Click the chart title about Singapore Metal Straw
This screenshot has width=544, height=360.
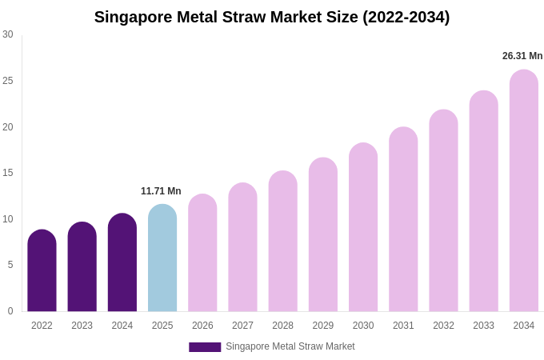coord(272,17)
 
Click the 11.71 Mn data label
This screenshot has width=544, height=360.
coord(161,191)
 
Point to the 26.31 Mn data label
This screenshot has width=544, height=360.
coord(522,56)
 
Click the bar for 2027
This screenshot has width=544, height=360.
coord(242,247)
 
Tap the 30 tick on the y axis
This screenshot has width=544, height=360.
coord(8,34)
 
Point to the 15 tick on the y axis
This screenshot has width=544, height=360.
coord(8,173)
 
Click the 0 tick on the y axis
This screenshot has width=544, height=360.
coord(10,311)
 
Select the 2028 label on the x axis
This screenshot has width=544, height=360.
coord(282,326)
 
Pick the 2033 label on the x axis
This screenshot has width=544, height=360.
coord(483,326)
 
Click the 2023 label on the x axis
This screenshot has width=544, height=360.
coord(82,326)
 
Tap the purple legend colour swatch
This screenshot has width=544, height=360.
coord(205,347)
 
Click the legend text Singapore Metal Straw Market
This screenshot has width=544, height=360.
coord(290,346)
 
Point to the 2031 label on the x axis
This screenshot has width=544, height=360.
coord(403,326)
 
